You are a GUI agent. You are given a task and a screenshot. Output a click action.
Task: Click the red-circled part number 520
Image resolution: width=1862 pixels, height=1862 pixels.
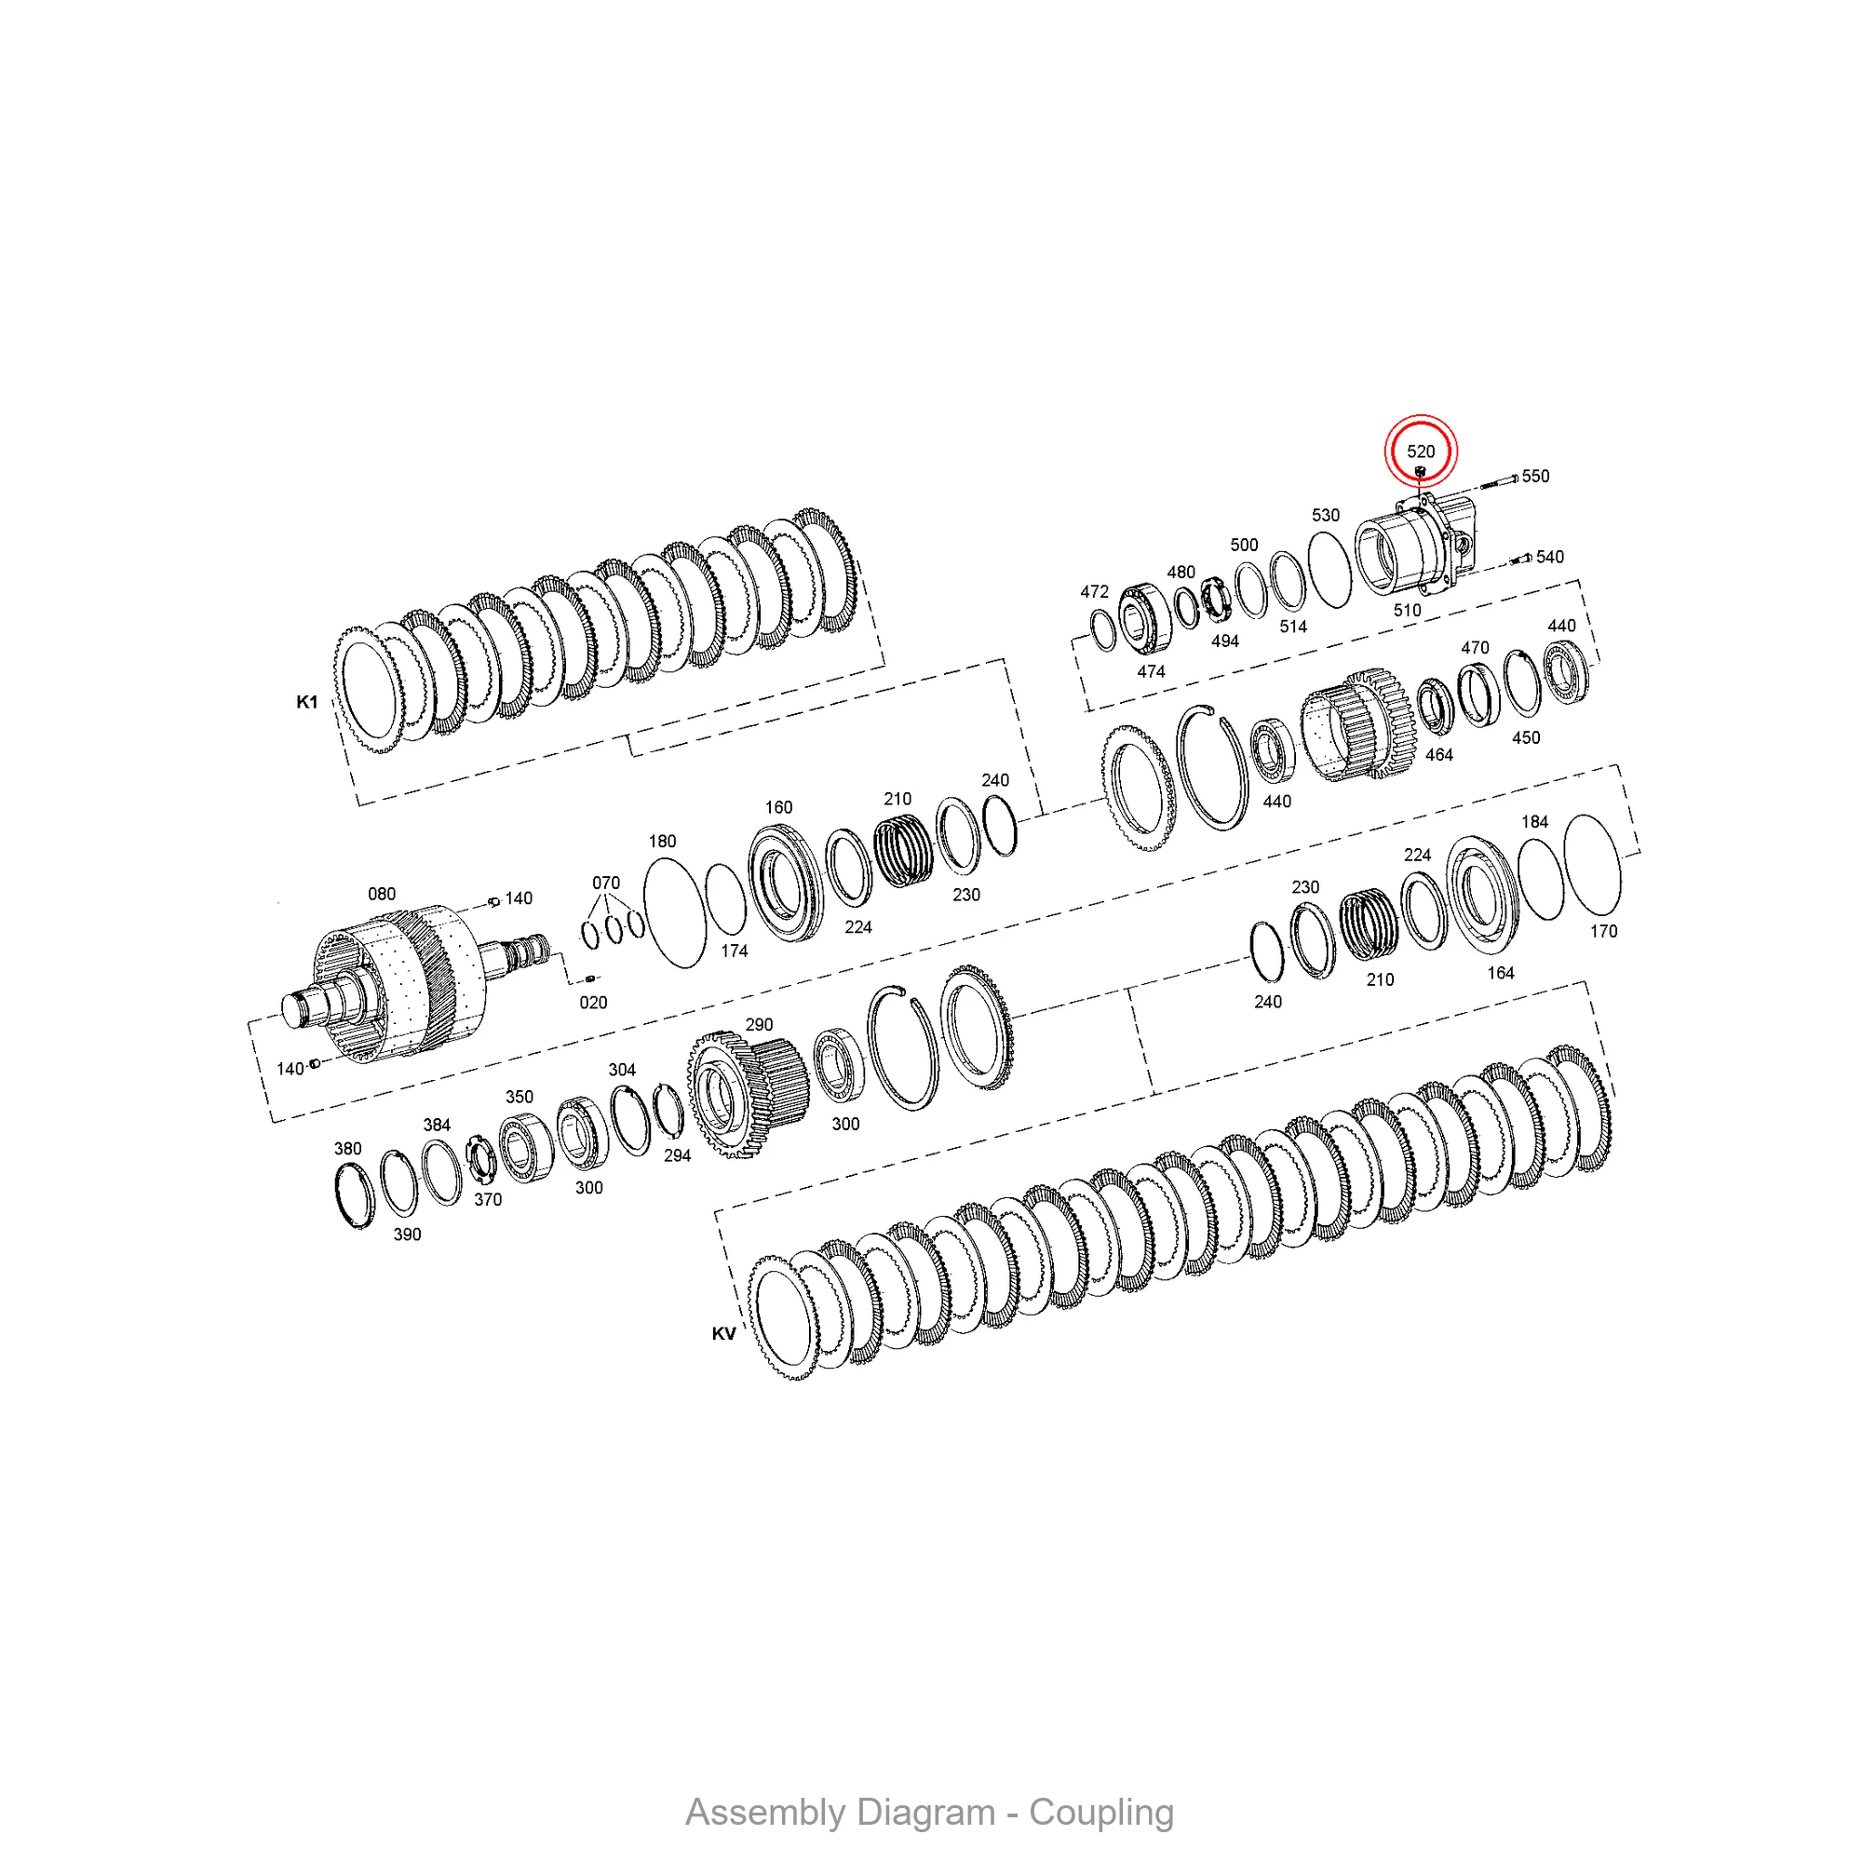(1421, 451)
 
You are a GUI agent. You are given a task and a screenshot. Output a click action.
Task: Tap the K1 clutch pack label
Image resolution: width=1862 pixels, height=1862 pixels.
(306, 702)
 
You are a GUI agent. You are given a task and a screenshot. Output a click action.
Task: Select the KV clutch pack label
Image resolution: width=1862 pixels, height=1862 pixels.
(723, 1334)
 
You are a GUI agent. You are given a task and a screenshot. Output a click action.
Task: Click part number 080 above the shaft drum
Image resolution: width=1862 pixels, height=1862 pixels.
(382, 894)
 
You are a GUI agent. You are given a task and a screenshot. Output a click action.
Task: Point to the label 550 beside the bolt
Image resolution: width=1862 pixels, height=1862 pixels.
(1535, 476)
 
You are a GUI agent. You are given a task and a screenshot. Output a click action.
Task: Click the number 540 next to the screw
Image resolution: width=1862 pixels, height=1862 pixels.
(1550, 557)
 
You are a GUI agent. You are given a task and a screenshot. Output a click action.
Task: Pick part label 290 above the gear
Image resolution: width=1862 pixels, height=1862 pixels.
(760, 1024)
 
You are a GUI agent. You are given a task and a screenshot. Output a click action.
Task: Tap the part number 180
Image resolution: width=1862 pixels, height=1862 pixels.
(662, 842)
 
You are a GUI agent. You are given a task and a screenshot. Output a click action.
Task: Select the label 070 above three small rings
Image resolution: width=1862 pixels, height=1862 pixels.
(606, 883)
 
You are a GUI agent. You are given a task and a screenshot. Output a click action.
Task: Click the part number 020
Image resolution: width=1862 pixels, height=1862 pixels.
(594, 1003)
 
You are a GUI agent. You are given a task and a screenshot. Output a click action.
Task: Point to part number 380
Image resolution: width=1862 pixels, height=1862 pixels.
(348, 1149)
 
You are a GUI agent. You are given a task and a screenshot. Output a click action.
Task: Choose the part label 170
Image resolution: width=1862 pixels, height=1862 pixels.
(1604, 931)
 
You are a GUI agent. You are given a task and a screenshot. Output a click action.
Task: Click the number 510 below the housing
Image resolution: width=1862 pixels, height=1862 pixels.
(1407, 610)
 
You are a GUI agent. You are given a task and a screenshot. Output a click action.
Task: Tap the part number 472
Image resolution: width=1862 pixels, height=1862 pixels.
(1095, 592)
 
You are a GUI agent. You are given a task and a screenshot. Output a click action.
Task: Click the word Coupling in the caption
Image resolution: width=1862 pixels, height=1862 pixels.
(1100, 1813)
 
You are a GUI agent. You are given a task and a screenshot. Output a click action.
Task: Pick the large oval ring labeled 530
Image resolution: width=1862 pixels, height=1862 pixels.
(1330, 571)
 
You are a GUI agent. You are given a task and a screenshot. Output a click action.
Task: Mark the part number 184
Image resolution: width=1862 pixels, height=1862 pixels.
(1535, 822)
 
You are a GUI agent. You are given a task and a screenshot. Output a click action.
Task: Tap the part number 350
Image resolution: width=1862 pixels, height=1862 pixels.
(519, 1097)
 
